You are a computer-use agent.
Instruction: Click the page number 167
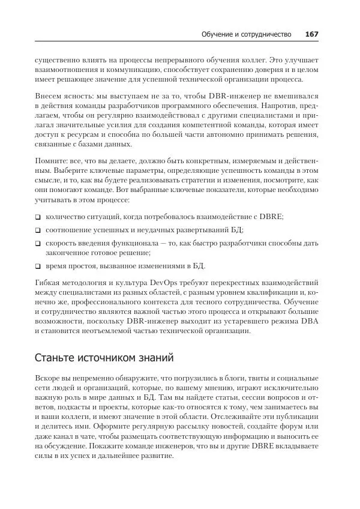tap(311, 34)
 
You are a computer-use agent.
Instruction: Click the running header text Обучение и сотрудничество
tap(247, 34)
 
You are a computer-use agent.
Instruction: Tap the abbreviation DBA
tap(307, 323)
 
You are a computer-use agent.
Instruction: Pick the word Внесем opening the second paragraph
tap(49, 97)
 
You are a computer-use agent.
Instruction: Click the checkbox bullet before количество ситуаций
tap(38, 216)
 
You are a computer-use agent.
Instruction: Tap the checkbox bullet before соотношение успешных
tap(38, 230)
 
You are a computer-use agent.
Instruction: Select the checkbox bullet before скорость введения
tap(38, 244)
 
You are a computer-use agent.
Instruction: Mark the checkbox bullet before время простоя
tap(38, 265)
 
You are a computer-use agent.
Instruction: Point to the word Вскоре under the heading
tap(49, 379)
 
